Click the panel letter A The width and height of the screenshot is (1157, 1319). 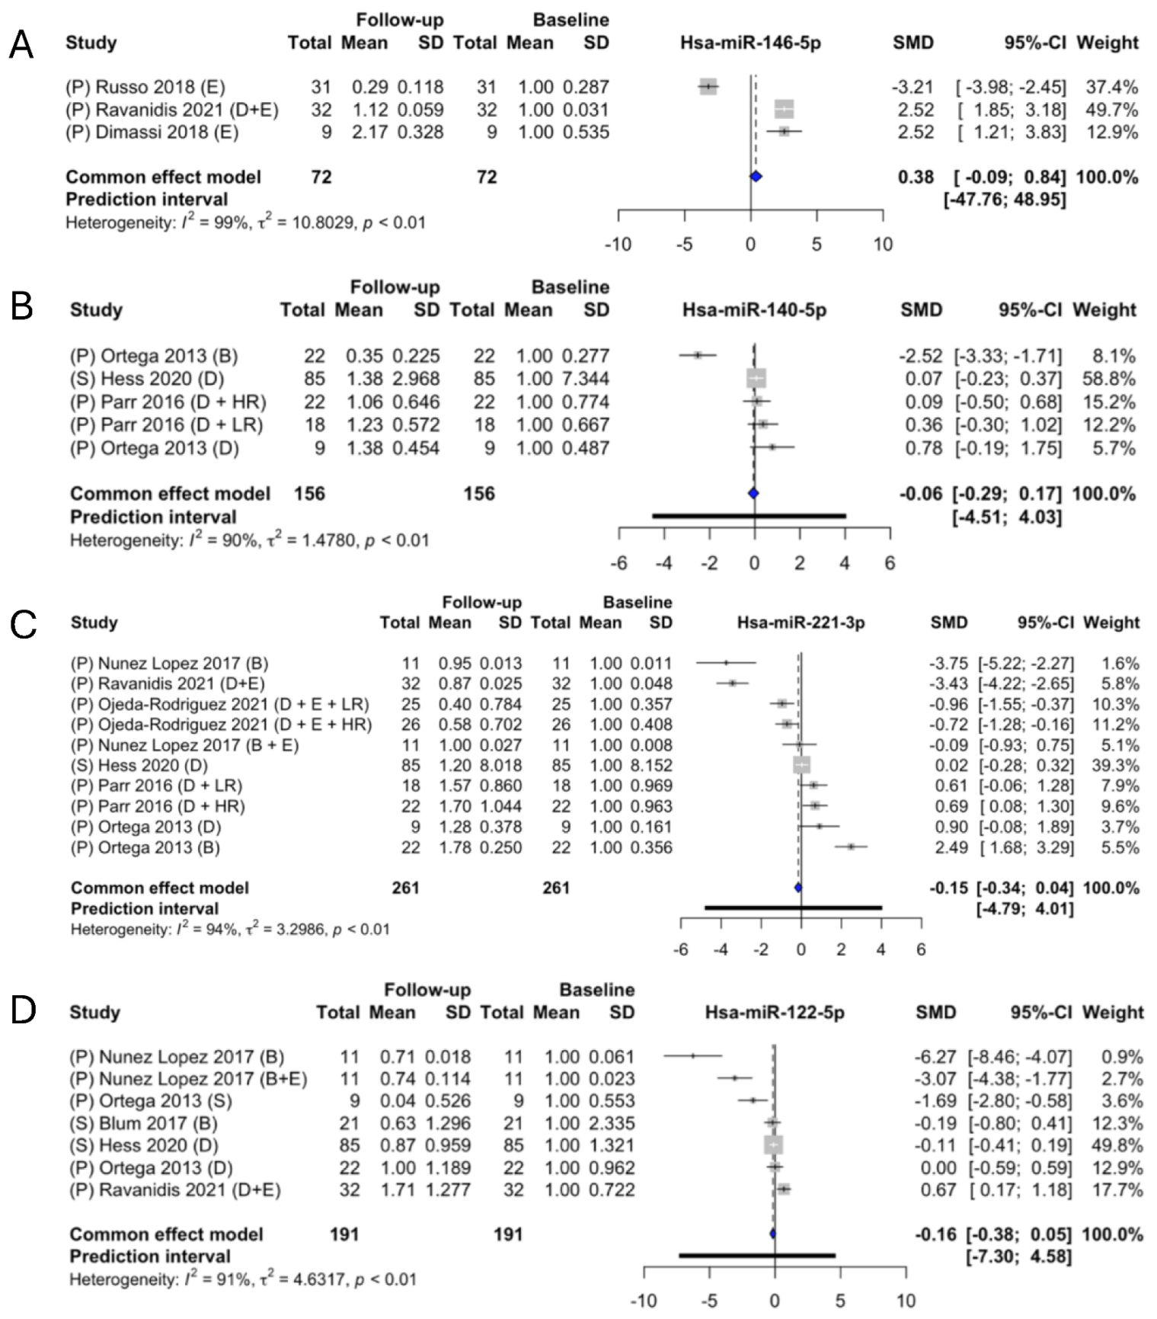coord(21,44)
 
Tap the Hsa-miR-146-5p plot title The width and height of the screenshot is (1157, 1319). coord(750,43)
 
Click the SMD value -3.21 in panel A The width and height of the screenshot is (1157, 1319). coord(912,87)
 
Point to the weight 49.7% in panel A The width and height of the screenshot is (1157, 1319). coord(1111,110)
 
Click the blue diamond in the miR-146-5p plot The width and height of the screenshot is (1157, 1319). coord(756,177)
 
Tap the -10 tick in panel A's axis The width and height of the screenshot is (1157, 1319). coord(618,245)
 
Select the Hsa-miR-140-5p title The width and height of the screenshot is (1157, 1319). coord(754,310)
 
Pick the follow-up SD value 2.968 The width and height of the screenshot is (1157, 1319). coord(416,379)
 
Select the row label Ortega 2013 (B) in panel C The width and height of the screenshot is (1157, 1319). coord(145,847)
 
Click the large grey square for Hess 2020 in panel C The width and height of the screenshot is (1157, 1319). coord(801,765)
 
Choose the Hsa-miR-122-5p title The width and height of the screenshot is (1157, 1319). coord(775,1012)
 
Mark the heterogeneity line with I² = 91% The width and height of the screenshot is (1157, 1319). coord(242,1279)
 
